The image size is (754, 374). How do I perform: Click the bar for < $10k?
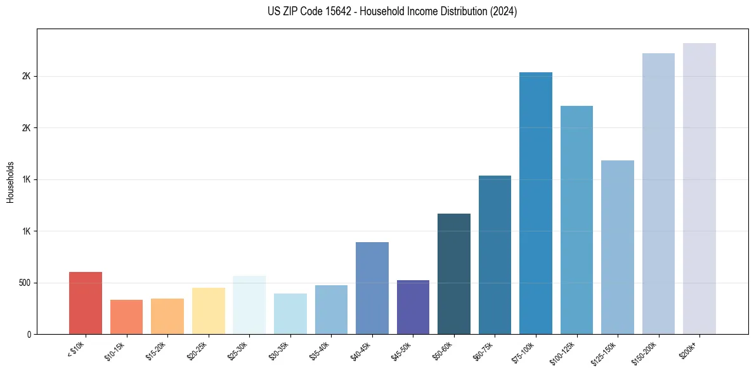86,303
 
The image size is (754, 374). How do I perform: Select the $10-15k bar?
126,317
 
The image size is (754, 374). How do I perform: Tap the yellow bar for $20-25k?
208,311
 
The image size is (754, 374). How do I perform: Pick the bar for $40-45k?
372,288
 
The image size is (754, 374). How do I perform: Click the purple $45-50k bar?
413,307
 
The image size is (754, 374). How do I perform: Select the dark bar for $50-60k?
454,274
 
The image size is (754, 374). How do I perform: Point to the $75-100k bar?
536,203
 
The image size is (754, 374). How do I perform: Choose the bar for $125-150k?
618,247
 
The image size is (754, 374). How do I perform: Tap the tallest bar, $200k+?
699,188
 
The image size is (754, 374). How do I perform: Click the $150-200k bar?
658,193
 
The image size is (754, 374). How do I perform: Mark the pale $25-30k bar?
249,305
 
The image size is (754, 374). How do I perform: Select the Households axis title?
10,181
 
